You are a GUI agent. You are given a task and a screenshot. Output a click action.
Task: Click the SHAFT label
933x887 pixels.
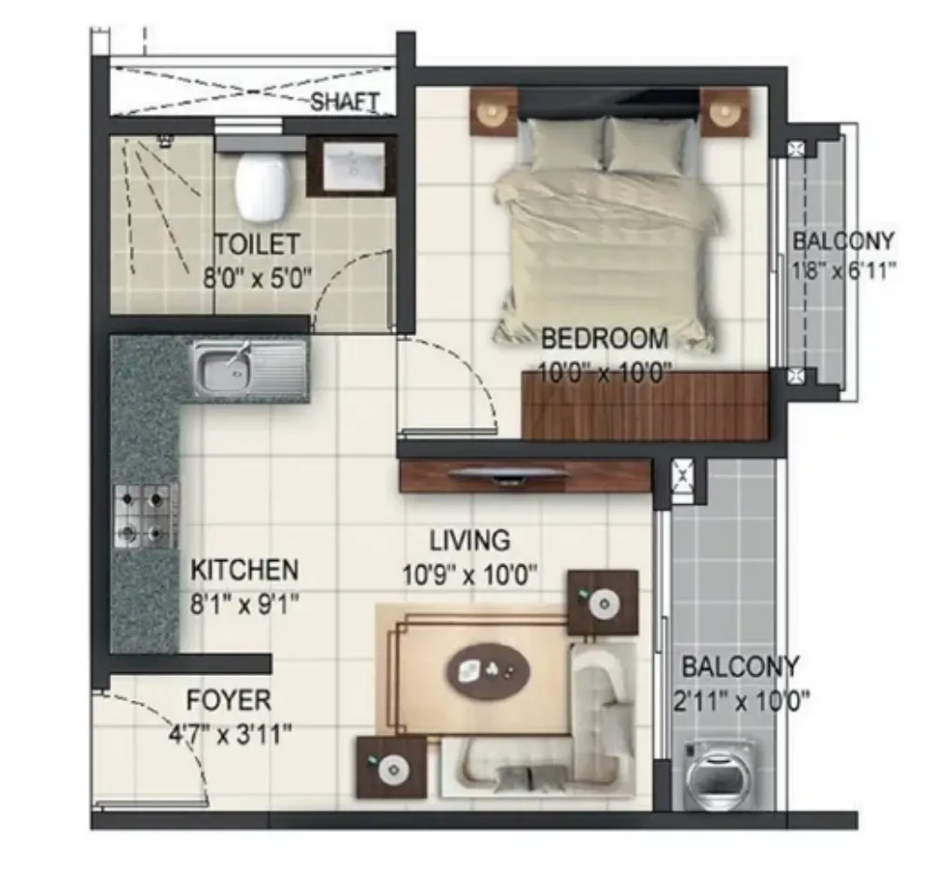(344, 102)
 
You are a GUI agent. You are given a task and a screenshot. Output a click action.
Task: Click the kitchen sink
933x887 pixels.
(250, 369)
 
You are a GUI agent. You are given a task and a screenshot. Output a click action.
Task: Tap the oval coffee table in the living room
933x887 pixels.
(488, 671)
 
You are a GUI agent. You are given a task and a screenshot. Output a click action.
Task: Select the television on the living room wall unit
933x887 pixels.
(507, 474)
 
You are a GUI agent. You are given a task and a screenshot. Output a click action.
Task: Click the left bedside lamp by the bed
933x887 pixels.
(494, 112)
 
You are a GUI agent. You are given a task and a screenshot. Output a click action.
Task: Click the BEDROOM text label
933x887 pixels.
(605, 339)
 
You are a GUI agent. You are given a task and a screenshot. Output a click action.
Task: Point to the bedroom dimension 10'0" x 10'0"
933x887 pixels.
(606, 373)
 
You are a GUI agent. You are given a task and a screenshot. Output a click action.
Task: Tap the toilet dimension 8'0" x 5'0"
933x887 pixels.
(258, 277)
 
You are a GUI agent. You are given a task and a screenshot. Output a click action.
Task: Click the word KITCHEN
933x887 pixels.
(244, 570)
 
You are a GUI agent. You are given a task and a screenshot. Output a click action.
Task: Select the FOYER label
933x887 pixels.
(230, 700)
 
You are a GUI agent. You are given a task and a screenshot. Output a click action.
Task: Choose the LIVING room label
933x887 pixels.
(470, 541)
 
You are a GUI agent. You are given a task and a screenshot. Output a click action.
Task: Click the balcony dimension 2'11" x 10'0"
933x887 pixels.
(742, 702)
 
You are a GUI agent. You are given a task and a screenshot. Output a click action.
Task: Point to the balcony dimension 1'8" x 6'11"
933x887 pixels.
(843, 272)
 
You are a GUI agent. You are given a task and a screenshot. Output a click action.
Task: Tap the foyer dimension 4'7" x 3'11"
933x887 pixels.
(230, 735)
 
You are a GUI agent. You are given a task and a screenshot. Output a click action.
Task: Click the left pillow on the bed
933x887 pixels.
(566, 146)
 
